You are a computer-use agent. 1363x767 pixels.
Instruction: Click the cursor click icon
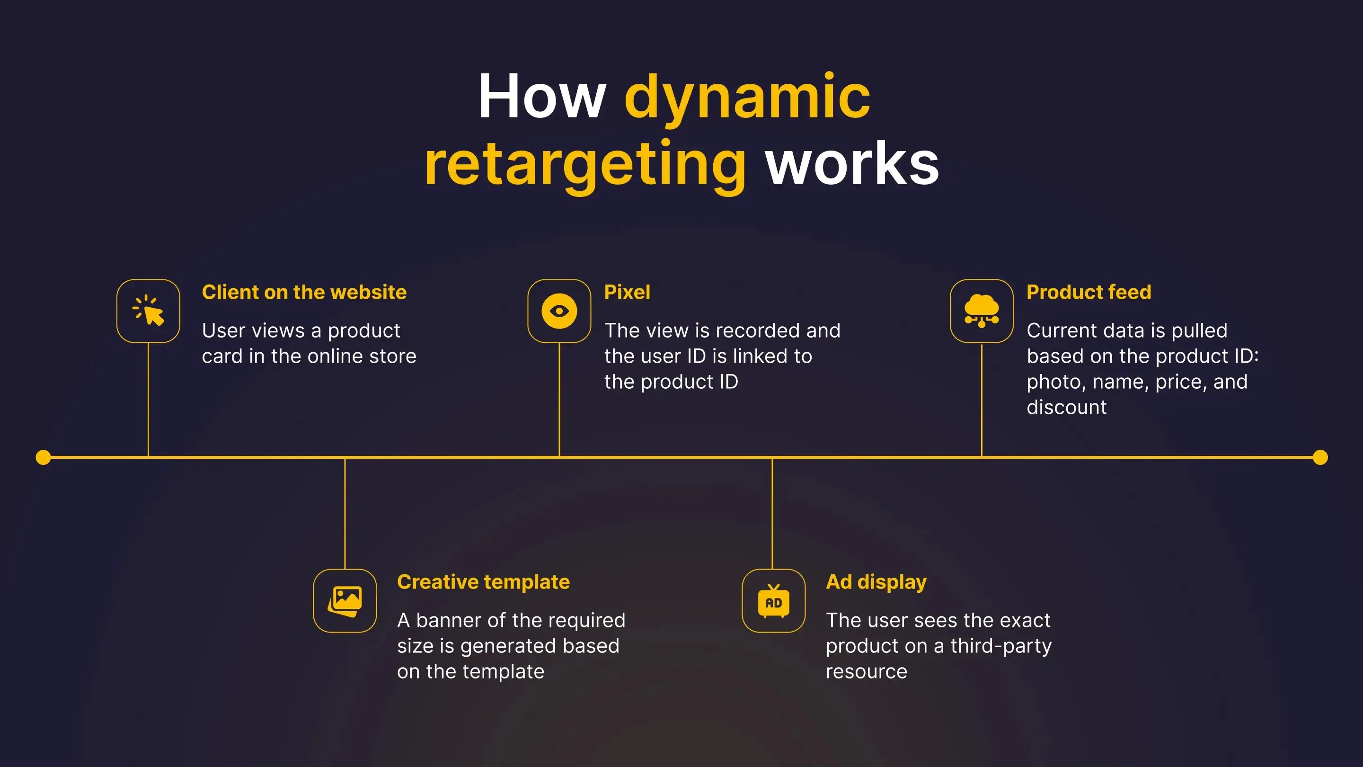148,311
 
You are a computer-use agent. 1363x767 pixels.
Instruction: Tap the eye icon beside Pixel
559,311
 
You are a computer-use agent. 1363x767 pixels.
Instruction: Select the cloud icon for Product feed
982,311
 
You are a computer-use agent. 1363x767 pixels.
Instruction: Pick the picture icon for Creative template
345,601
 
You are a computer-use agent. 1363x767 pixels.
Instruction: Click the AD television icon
774,601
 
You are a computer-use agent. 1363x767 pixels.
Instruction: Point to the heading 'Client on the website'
304,292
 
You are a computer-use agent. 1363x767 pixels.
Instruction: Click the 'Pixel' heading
627,292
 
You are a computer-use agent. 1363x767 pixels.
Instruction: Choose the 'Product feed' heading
1089,292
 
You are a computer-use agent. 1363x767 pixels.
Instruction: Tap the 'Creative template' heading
484,582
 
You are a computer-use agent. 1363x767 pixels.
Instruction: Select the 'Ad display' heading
876,582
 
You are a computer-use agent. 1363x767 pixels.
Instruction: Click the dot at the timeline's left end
44,457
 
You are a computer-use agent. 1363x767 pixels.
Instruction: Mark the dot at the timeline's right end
1320,457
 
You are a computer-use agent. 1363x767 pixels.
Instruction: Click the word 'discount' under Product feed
1067,407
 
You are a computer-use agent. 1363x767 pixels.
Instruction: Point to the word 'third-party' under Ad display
1001,646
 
